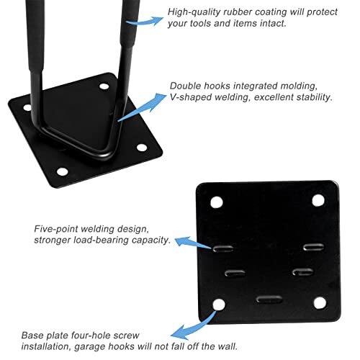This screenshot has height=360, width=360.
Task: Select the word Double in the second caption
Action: [x=188, y=85]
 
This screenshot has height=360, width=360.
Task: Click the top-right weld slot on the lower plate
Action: [x=313, y=248]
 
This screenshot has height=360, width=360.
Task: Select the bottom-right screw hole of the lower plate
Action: [x=318, y=304]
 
